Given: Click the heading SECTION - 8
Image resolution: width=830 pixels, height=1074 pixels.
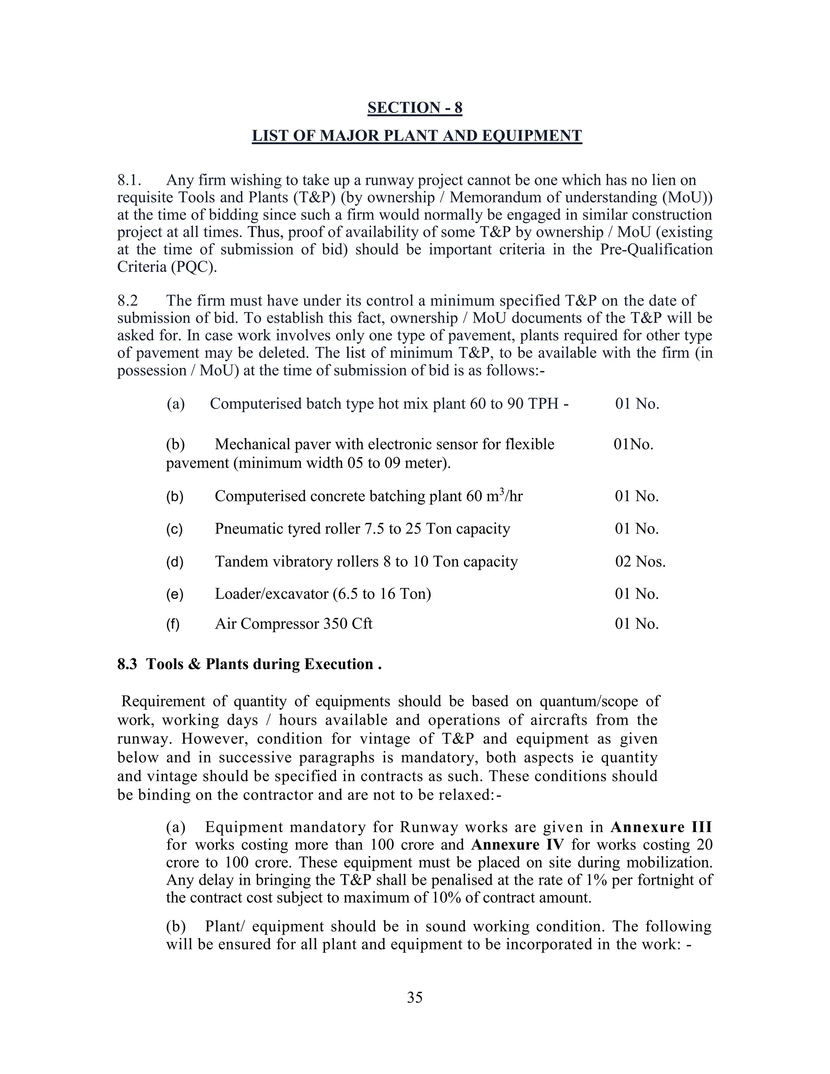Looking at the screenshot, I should (415, 108).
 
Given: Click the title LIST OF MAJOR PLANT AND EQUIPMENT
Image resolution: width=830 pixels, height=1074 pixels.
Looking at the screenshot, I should (417, 136).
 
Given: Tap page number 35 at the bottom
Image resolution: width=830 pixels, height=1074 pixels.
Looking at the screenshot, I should (415, 997).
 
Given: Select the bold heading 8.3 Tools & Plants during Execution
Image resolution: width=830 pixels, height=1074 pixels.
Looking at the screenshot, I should (249, 664).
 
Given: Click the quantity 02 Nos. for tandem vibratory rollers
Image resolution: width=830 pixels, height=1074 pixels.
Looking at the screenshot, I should (640, 562).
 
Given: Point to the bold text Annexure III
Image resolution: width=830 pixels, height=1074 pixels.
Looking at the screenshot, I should (661, 827).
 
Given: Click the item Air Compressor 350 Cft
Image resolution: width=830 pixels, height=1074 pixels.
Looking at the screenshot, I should (293, 624).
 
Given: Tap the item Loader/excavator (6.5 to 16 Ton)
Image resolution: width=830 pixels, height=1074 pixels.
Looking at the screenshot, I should (323, 594).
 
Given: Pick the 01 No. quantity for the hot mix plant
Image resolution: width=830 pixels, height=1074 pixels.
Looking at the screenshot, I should (637, 404).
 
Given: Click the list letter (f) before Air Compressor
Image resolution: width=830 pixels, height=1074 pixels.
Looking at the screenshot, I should (173, 624).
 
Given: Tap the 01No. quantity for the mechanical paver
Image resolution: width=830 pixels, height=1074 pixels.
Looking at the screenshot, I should (633, 445).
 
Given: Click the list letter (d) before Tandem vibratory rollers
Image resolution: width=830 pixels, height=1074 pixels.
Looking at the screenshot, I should (175, 562).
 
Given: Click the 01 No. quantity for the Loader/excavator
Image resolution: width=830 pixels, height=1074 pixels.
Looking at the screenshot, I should (637, 594).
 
